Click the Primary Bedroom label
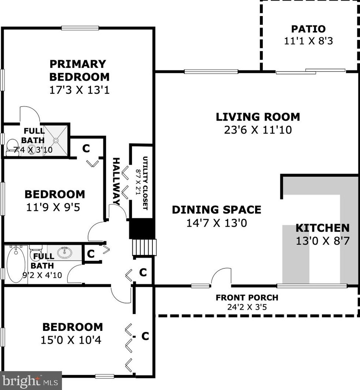point(79,70)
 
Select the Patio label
point(308,29)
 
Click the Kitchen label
point(322,228)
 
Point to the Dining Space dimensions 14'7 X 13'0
point(216,223)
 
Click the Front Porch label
point(247,298)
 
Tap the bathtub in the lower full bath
point(16,264)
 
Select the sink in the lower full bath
point(65,252)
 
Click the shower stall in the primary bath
point(56,140)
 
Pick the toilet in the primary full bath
point(12,147)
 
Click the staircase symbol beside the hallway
point(144,247)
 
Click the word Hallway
point(116,181)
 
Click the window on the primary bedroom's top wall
point(80,28)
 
